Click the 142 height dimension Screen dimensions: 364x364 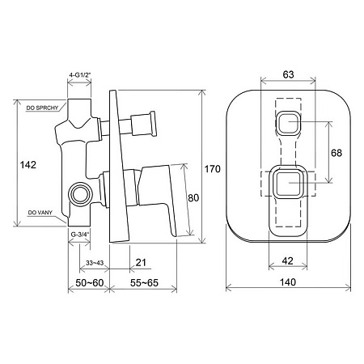[x=28, y=165]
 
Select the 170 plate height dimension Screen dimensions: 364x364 [x=213, y=169]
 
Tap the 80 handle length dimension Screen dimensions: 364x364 [x=193, y=198]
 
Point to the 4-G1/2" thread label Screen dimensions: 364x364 [x=80, y=75]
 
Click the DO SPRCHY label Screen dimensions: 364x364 [x=42, y=108]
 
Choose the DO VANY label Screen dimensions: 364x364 [x=40, y=213]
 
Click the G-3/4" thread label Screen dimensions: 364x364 [x=80, y=235]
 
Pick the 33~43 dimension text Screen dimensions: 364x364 [x=95, y=263]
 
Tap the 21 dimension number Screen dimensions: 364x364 [x=141, y=262]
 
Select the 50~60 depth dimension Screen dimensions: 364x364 [x=90, y=283]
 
